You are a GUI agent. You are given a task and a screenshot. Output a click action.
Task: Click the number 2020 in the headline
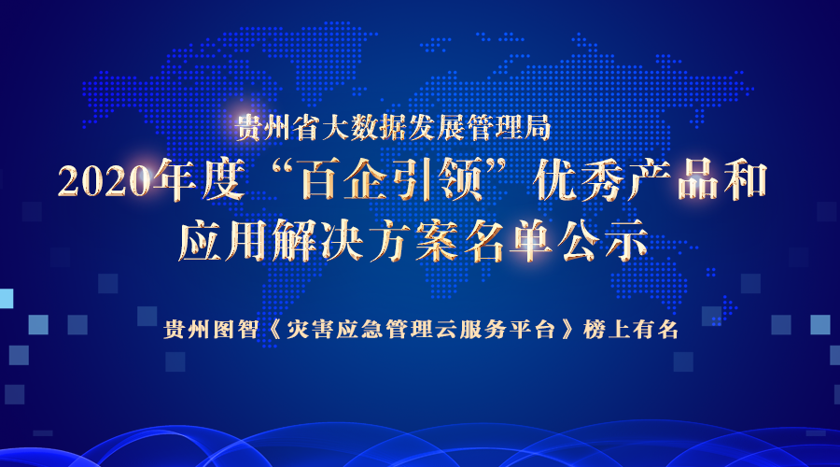click(105, 181)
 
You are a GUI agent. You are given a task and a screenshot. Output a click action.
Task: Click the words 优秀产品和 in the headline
click(650, 179)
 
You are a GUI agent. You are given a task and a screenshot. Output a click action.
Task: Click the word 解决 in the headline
click(318, 241)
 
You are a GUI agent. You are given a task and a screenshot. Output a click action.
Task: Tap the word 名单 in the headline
click(509, 241)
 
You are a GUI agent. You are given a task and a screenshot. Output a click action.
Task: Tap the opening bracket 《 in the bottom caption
click(273, 329)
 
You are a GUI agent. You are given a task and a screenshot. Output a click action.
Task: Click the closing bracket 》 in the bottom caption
click(567, 329)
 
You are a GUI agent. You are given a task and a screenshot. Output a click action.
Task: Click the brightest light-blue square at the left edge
click(7, 299)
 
